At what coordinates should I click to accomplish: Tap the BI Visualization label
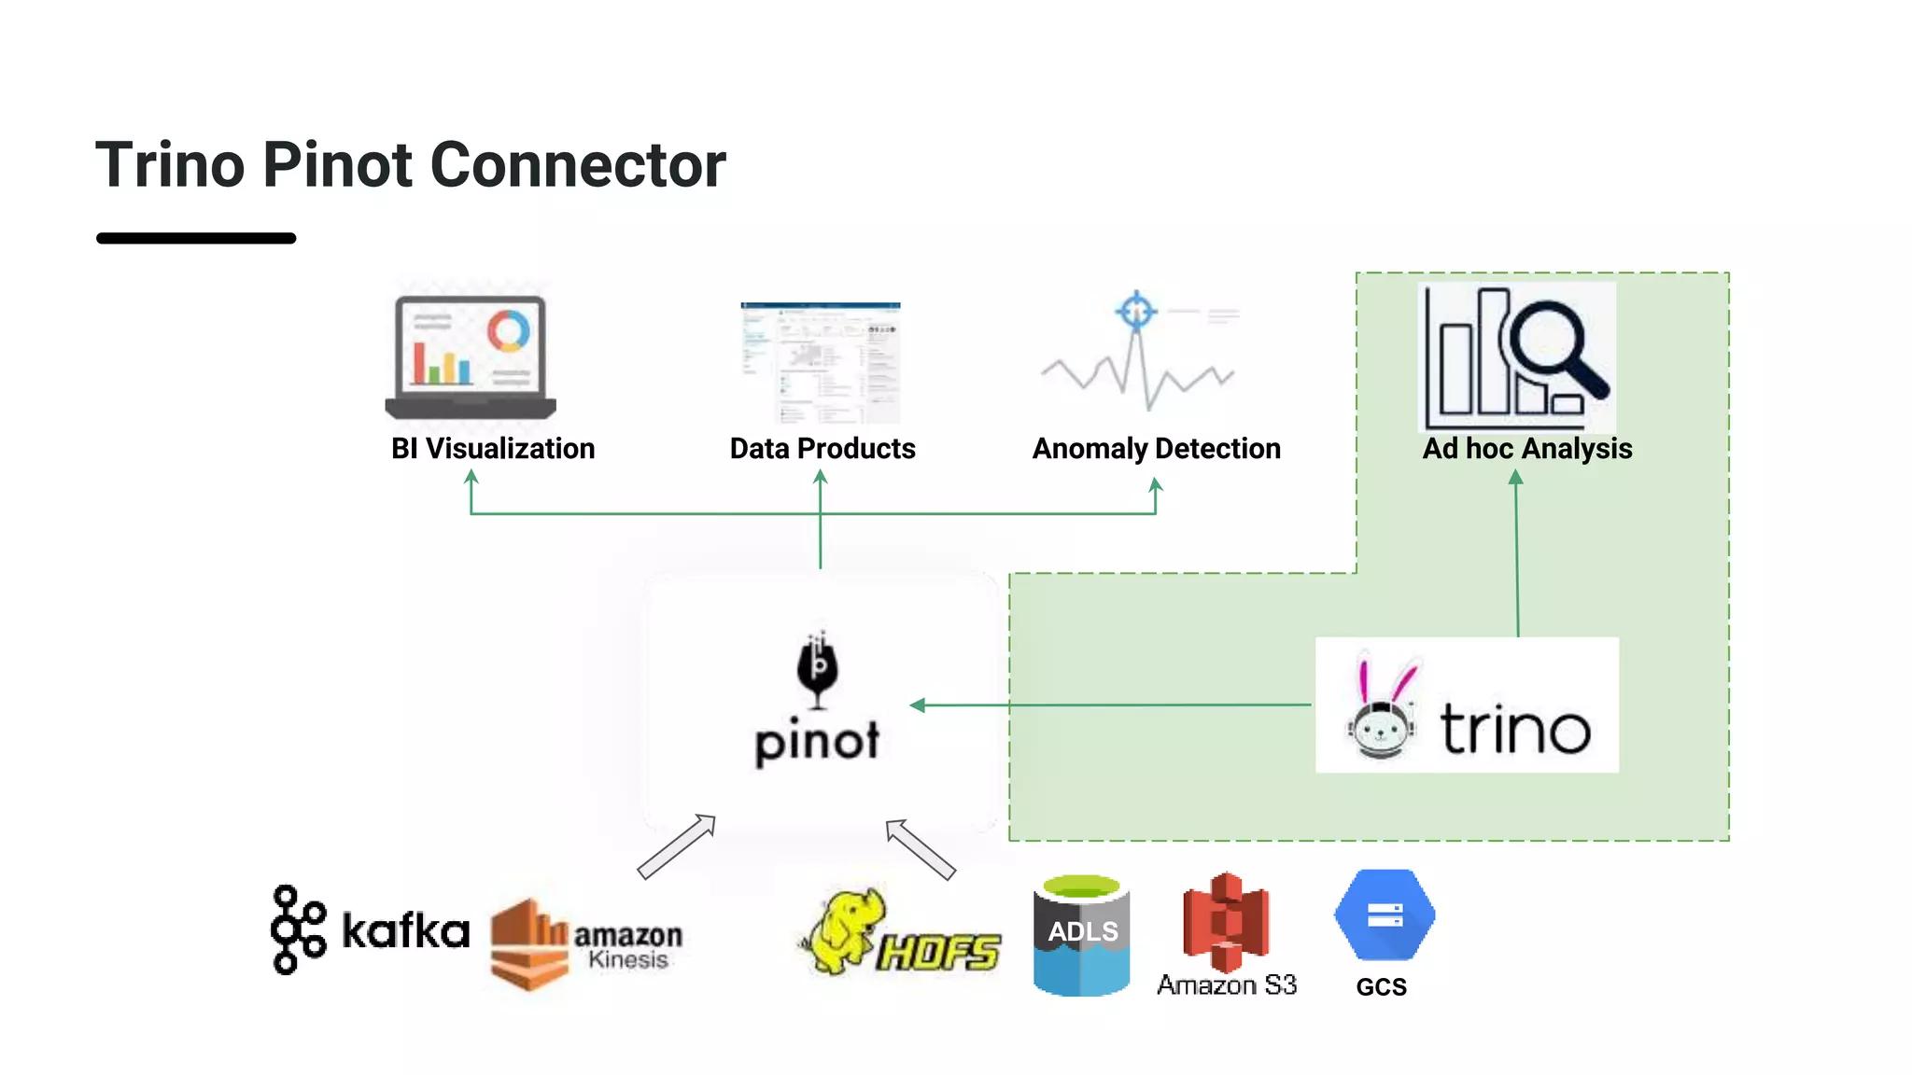coord(492,449)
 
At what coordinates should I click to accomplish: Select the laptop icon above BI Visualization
coord(471,356)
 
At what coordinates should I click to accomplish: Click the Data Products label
coord(822,449)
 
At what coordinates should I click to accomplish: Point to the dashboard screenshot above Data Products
coord(820,362)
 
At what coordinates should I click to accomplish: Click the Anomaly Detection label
coord(1156,449)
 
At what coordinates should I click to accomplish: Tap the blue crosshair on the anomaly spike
coord(1136,311)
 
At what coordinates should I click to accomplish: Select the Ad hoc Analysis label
coord(1526,449)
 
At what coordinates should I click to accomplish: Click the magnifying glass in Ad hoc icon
coord(1553,345)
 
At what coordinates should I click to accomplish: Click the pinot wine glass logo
coord(818,668)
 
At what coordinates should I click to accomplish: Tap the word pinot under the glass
coord(817,742)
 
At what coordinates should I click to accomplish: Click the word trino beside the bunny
coord(1514,729)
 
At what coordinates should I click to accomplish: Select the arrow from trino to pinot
coord(1111,705)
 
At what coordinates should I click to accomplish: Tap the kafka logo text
coord(404,930)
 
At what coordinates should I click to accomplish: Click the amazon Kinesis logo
coord(585,942)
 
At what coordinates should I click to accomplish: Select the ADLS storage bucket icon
coord(1081,934)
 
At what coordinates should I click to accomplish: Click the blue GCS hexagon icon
coord(1384,915)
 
